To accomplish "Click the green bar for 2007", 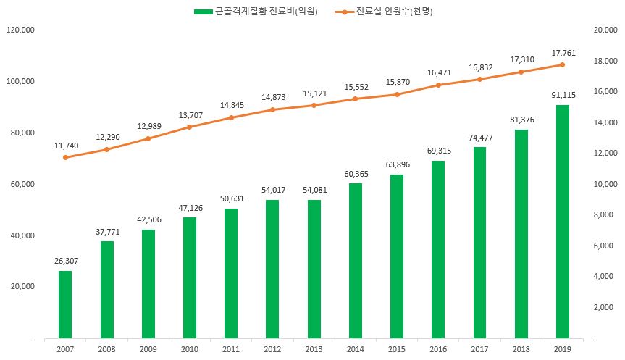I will [x=65, y=304].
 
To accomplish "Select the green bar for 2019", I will [x=562, y=222].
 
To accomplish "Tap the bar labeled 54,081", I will [x=314, y=269].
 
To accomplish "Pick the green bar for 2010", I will [x=190, y=277].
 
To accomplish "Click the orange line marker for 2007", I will [x=65, y=157].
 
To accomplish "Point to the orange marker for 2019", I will [x=562, y=64].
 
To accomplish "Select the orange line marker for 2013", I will [x=314, y=105].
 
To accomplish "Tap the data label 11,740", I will [x=65, y=146].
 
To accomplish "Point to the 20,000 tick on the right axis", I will [x=605, y=30].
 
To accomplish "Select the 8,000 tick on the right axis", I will [x=605, y=215].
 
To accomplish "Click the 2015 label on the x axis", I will [x=396, y=350].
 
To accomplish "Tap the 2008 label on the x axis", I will [x=106, y=350].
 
